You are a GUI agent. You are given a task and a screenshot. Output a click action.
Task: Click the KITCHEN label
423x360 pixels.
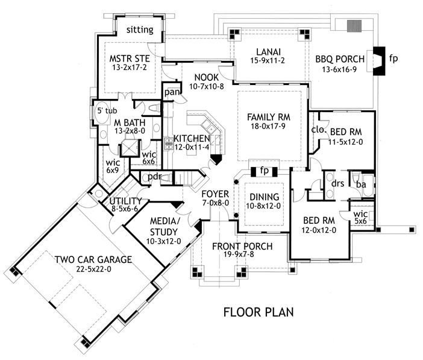192,138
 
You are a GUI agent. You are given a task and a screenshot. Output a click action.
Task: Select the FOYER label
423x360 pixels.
215,194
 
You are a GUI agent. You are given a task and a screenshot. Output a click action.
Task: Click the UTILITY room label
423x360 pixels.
126,201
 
